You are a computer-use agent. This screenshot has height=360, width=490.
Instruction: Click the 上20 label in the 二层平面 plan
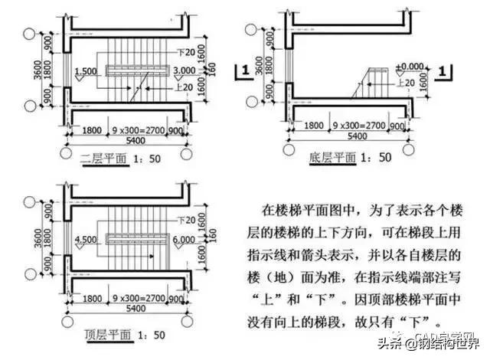pos(175,87)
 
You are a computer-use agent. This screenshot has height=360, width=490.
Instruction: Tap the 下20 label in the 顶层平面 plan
pos(183,221)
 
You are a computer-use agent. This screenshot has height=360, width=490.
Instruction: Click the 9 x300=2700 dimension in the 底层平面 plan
pos(355,124)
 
